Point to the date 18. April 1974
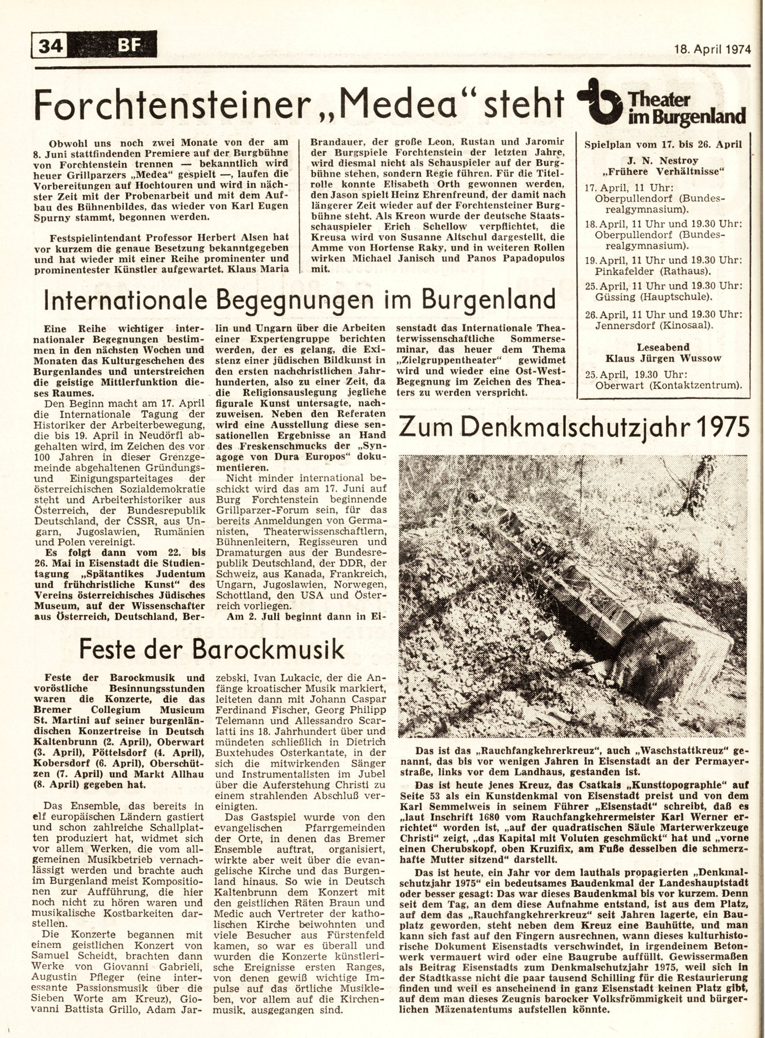[x=713, y=49]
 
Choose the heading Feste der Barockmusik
[x=211, y=649]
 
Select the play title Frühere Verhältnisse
[x=664, y=172]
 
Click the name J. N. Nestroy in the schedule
[x=664, y=160]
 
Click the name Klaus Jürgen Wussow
[x=664, y=359]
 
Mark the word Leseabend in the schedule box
[x=664, y=347]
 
